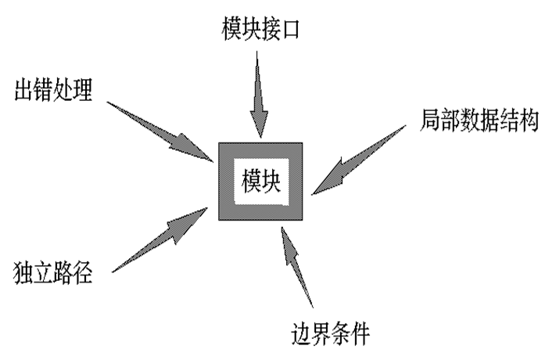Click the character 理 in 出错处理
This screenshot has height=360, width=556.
pos(84,91)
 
